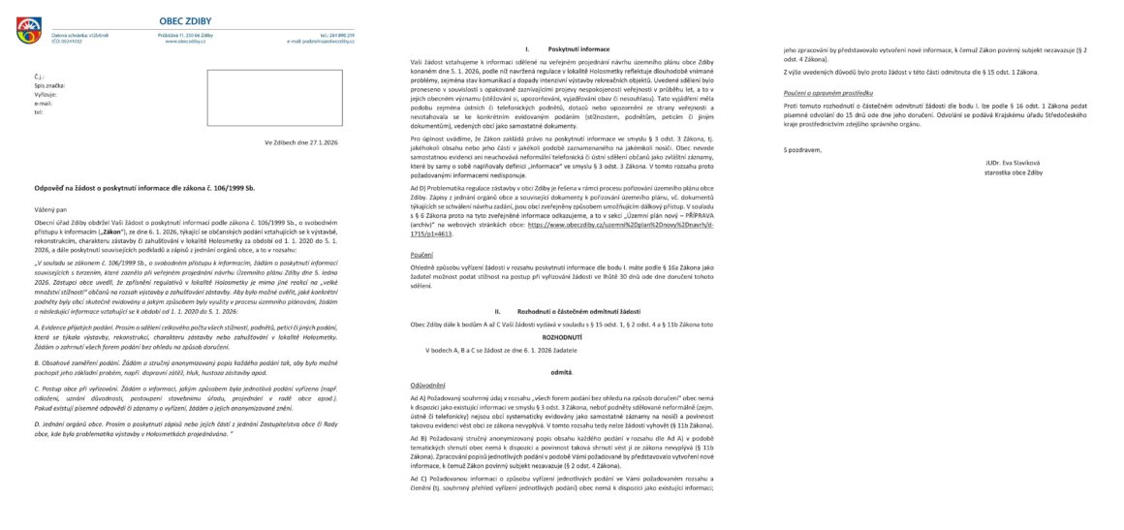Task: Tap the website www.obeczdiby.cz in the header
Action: (x=183, y=42)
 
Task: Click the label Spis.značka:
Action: (x=49, y=85)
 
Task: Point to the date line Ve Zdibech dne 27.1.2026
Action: (x=302, y=142)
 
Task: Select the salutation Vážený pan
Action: (x=52, y=209)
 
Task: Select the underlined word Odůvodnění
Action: (x=429, y=384)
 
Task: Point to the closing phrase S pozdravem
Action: (x=802, y=150)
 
